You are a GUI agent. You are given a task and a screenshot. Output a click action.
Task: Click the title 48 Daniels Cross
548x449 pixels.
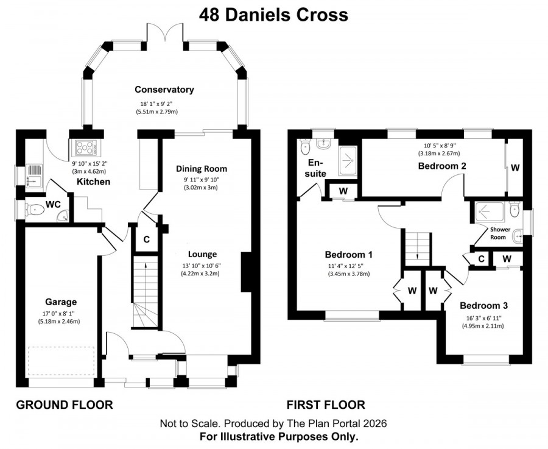point(273,15)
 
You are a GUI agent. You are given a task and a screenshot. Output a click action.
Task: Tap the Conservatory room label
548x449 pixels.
point(164,90)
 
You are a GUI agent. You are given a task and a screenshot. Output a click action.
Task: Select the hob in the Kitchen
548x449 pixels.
point(82,147)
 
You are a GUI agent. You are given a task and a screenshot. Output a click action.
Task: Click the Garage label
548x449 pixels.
point(60,302)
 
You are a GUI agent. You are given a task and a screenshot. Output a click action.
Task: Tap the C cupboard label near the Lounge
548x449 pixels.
point(146,239)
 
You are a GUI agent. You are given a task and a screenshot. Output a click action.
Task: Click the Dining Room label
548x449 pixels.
point(202,169)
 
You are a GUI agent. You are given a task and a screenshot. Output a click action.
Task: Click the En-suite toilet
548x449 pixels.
point(306,147)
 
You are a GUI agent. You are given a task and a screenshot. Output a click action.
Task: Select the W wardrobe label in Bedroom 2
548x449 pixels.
point(515,167)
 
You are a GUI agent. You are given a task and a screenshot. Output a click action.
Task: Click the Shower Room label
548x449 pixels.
point(501,233)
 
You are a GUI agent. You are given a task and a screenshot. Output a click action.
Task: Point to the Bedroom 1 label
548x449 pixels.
point(349,255)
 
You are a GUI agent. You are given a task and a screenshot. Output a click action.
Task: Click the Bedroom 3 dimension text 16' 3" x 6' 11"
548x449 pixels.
point(483,317)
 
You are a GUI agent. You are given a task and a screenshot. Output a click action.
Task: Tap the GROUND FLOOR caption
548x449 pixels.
point(64,405)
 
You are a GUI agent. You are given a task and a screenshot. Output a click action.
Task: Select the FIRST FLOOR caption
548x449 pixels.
point(326,405)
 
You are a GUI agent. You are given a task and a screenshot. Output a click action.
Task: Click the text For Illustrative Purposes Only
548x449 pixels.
point(279,436)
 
